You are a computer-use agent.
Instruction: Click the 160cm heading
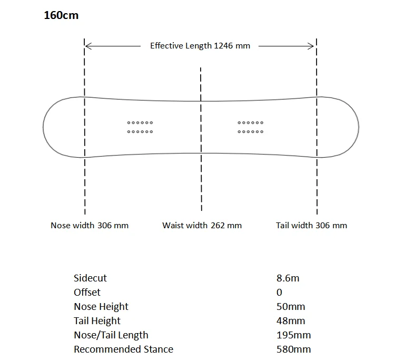tap(61, 15)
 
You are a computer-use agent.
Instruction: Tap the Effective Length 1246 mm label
tap(200, 46)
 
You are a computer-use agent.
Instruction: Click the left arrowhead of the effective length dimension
tap(88, 46)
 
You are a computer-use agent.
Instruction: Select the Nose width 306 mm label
tap(90, 226)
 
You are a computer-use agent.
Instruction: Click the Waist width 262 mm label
tap(202, 226)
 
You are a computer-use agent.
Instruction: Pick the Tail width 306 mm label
tap(311, 226)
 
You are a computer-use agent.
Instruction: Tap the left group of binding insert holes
tap(140, 127)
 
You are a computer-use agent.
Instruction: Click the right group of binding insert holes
tap(251, 127)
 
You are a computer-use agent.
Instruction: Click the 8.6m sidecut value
tap(288, 278)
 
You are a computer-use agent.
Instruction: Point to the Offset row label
tap(87, 293)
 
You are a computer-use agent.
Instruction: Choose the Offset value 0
tap(279, 293)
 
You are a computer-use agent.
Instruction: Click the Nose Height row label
tap(101, 307)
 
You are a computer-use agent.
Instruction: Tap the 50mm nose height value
tap(291, 307)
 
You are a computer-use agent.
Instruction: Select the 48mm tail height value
tap(291, 321)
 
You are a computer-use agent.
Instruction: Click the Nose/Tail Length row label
tap(111, 335)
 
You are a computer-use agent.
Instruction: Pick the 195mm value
tap(293, 335)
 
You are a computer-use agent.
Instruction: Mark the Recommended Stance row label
tap(123, 349)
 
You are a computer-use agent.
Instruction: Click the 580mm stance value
tap(293, 349)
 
